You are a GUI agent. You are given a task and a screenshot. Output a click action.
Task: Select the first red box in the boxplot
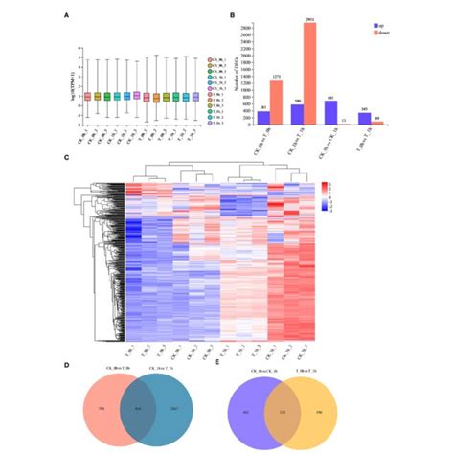click(x=87, y=96)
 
